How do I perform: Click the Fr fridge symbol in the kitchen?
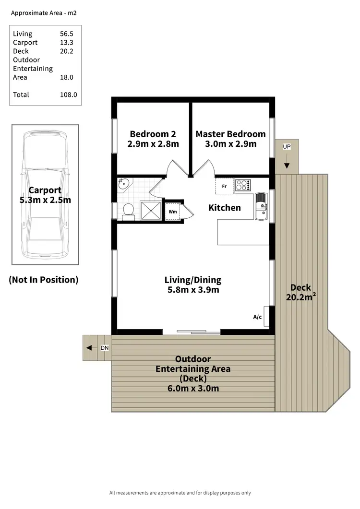pyautogui.click(x=224, y=186)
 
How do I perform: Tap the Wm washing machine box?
pyautogui.click(x=173, y=212)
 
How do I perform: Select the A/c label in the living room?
pyautogui.click(x=257, y=317)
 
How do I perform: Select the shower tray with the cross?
pyautogui.click(x=151, y=211)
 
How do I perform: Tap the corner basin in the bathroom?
pyautogui.click(x=123, y=184)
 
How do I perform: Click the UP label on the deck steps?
pyautogui.click(x=287, y=147)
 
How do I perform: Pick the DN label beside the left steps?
pyautogui.click(x=105, y=348)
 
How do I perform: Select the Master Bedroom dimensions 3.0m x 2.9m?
pyautogui.click(x=230, y=144)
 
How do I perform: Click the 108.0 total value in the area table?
pyautogui.click(x=68, y=95)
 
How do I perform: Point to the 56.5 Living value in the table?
pyautogui.click(x=66, y=34)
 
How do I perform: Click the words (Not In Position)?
pyautogui.click(x=43, y=280)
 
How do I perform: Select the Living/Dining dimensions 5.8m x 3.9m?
pyautogui.click(x=192, y=290)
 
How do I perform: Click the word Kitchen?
pyautogui.click(x=224, y=208)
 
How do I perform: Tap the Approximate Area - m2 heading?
pyautogui.click(x=44, y=13)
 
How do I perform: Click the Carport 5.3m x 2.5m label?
pyautogui.click(x=45, y=195)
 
